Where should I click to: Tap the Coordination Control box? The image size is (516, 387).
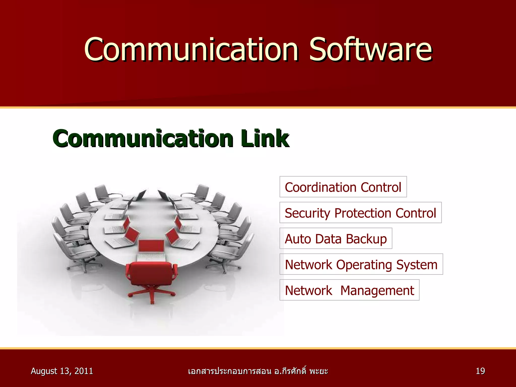343,187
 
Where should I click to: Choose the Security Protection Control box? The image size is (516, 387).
360,213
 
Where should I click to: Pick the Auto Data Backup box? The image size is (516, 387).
336,238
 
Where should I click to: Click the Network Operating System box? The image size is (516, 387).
361,264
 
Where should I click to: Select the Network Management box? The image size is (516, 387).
349,290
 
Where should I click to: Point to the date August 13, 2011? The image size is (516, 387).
62,371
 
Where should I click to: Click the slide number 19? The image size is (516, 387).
480,371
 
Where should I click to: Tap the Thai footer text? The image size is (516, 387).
258,371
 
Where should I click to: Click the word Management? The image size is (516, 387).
377,291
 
